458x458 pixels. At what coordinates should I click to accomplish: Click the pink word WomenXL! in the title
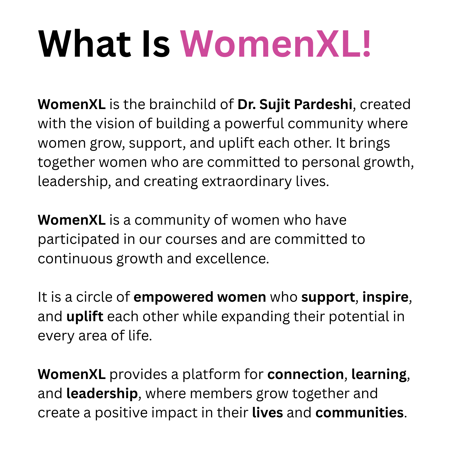point(275,44)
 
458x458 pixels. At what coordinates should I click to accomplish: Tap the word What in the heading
point(85,44)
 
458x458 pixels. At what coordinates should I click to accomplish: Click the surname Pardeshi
point(323,104)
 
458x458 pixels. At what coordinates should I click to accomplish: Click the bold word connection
point(305,374)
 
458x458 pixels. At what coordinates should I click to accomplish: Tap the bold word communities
point(360,413)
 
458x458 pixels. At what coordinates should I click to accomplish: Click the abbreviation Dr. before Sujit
point(246,104)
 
